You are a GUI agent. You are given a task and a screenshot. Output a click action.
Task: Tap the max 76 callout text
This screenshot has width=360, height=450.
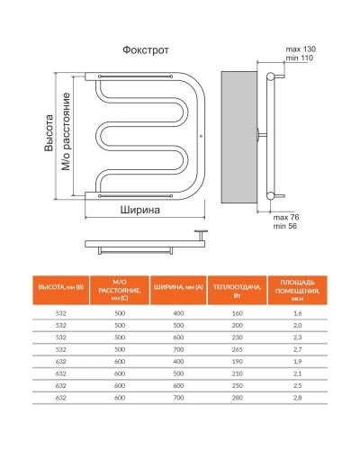click(285, 219)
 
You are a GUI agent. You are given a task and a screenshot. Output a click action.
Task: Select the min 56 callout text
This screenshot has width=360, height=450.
click(285, 228)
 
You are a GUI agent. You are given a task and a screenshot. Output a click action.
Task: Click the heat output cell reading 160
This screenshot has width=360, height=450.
click(238, 312)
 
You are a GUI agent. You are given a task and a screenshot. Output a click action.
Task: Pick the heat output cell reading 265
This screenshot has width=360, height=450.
click(238, 346)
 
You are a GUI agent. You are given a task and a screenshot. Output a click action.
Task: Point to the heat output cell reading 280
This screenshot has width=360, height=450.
click(238, 396)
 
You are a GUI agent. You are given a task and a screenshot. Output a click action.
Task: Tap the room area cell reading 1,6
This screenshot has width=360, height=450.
click(298, 312)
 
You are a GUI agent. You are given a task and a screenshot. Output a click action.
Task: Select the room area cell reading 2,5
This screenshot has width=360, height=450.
click(298, 384)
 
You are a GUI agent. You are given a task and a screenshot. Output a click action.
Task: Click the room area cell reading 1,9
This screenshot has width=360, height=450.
click(298, 359)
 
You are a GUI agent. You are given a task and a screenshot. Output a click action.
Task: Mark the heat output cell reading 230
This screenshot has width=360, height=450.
click(238, 336)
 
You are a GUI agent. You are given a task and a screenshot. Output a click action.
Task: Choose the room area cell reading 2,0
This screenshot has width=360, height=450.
click(298, 324)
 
